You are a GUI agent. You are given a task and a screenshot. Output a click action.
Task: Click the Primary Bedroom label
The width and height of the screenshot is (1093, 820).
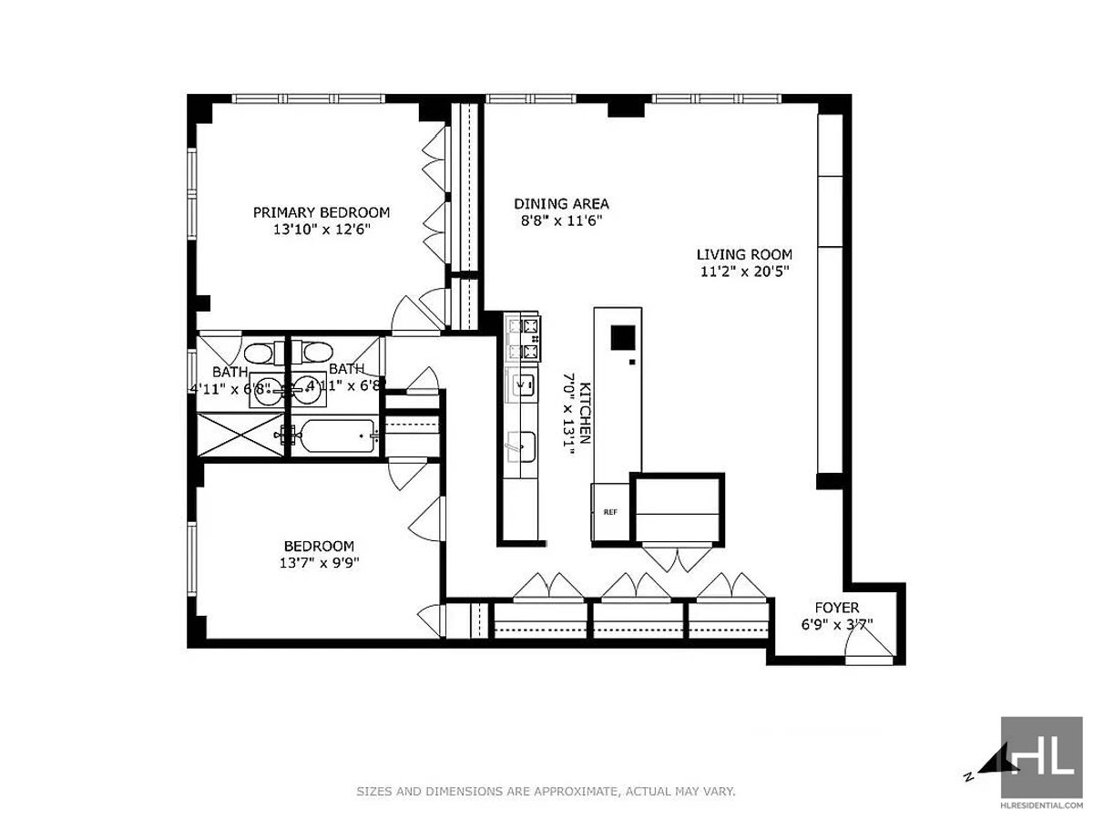[322, 212]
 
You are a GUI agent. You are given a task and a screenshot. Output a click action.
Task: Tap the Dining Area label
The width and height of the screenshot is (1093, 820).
[561, 203]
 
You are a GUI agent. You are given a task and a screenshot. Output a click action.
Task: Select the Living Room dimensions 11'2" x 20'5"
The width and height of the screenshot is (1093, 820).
[745, 272]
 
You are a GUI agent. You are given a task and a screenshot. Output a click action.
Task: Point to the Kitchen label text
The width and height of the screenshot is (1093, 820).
[586, 413]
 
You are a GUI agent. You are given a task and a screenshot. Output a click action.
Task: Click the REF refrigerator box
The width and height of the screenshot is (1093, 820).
[610, 511]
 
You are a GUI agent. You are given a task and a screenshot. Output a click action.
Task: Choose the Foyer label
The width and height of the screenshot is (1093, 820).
[837, 608]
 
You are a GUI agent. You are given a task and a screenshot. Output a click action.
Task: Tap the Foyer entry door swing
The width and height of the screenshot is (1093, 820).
[868, 642]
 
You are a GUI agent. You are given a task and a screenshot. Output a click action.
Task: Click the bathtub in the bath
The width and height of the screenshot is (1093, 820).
[333, 436]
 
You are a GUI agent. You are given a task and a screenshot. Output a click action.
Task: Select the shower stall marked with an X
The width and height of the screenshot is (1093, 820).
[240, 435]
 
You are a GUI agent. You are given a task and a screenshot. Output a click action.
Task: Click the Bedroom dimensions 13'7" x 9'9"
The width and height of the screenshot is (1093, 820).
[319, 562]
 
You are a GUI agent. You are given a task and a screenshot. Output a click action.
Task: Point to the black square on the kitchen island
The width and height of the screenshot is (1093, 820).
[623, 337]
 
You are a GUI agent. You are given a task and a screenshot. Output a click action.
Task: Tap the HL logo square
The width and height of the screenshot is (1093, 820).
[1042, 757]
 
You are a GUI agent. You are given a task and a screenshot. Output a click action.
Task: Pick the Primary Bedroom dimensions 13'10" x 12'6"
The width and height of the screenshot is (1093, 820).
[322, 230]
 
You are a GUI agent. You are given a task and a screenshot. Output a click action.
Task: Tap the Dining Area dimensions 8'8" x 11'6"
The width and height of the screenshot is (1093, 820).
[562, 220]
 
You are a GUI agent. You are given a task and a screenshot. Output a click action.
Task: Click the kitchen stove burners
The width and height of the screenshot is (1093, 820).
[524, 339]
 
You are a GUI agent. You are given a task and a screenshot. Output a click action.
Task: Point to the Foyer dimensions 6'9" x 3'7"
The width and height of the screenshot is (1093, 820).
[837, 624]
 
